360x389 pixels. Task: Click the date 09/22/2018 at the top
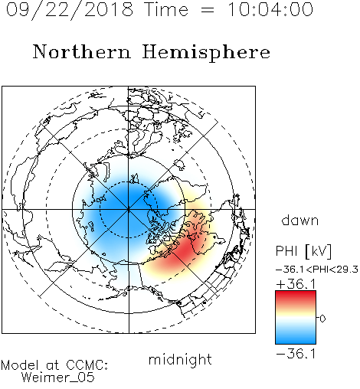(70, 10)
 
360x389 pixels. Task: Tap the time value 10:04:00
(270, 10)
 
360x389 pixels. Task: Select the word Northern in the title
(82, 52)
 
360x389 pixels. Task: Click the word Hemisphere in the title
(206, 53)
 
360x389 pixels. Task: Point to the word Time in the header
(166, 10)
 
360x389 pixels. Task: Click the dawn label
(300, 221)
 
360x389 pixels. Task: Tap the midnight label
(180, 360)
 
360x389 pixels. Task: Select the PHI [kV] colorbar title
(304, 251)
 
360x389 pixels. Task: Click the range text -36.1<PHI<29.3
(317, 270)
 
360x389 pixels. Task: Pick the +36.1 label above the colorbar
(296, 284)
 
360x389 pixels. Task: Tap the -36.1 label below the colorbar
(296, 354)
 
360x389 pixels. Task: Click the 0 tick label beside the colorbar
(322, 319)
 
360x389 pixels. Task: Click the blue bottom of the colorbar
(296, 339)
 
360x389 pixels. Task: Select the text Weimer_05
(58, 378)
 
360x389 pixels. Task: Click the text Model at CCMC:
(54, 365)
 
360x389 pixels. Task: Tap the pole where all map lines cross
(129, 209)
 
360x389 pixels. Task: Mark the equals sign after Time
(208, 11)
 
